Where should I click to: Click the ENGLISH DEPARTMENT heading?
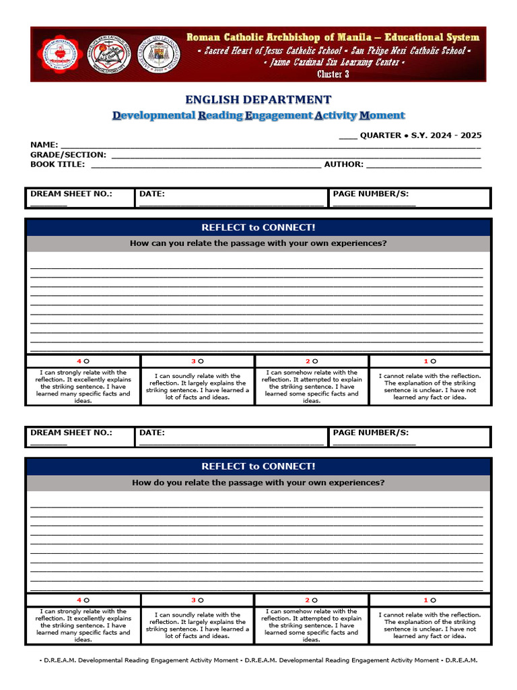[x=258, y=100]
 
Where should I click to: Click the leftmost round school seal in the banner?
[x=59, y=54]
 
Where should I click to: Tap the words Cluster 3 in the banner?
[x=333, y=74]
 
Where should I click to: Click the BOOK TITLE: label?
[x=58, y=164]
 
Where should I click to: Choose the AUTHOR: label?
[x=343, y=164]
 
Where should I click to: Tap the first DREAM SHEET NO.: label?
[x=71, y=194]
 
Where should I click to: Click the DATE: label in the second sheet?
[x=152, y=433]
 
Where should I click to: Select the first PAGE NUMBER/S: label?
[x=371, y=194]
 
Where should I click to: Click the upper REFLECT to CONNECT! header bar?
[x=258, y=228]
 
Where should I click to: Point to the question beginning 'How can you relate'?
[x=258, y=243]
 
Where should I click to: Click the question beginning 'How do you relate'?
[x=258, y=482]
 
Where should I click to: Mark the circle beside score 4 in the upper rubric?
[x=87, y=361]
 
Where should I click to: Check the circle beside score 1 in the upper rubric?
[x=433, y=361]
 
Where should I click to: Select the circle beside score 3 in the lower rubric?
[x=201, y=600]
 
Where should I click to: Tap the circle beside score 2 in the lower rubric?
[x=315, y=600]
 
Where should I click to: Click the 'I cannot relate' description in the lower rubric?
[x=429, y=625]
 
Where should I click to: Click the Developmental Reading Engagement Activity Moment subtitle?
[x=258, y=116]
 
